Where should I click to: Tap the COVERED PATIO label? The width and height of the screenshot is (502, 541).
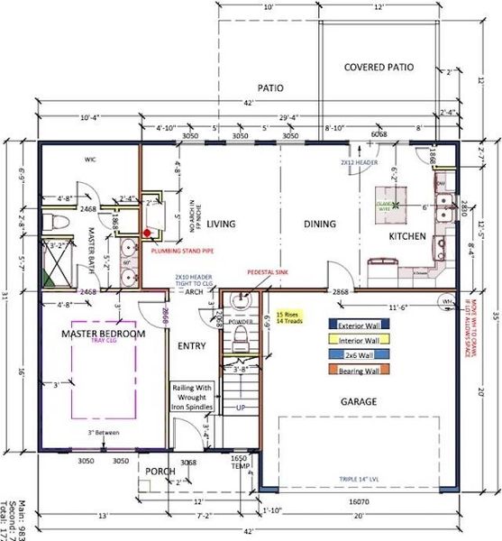379,67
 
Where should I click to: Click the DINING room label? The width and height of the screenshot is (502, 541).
294,225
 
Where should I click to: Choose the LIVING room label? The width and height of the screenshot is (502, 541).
221,225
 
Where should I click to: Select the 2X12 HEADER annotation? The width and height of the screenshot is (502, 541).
359,163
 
